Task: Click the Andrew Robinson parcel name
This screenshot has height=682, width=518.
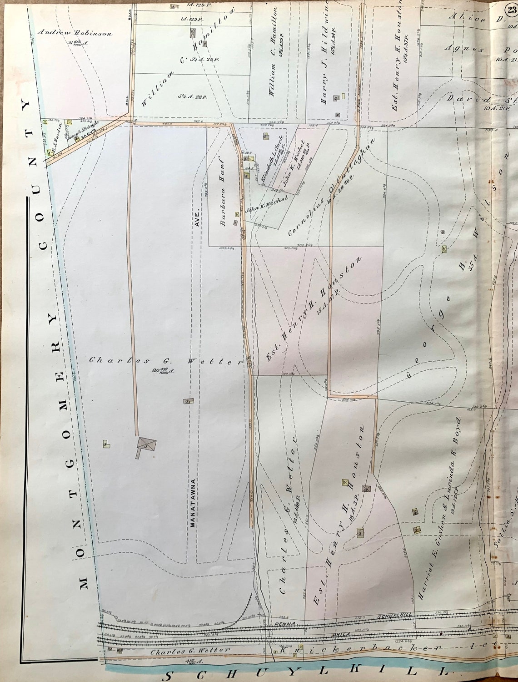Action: point(75,33)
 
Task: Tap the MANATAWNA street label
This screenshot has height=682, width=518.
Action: point(192,502)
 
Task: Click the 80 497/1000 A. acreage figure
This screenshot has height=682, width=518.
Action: point(160,370)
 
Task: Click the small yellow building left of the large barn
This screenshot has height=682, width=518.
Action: point(106,444)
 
